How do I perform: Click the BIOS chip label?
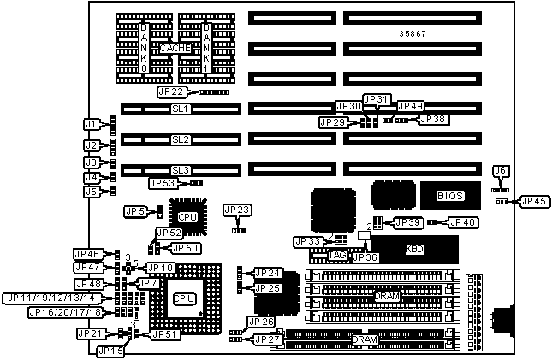click(x=450, y=196)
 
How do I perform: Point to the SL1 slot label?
click(x=180, y=109)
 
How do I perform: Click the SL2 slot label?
click(x=180, y=139)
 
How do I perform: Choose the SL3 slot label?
click(x=180, y=169)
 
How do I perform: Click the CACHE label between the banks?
click(x=175, y=48)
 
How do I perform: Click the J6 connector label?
click(x=502, y=172)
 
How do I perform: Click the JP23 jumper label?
click(x=237, y=209)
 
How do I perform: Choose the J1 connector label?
click(x=92, y=124)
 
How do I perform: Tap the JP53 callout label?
click(x=163, y=182)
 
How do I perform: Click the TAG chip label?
click(x=336, y=255)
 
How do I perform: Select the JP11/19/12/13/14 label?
click(x=53, y=298)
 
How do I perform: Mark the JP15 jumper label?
click(x=110, y=351)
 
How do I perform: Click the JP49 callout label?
click(x=410, y=105)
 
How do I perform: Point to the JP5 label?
click(x=134, y=210)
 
